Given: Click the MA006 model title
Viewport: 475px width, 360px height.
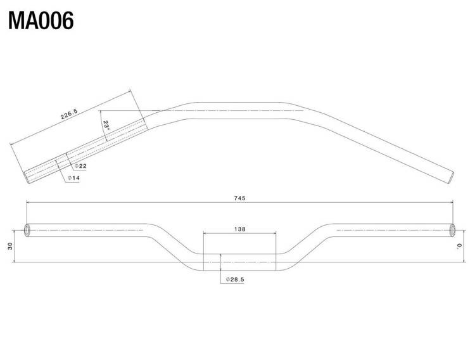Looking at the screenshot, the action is pos(41,21).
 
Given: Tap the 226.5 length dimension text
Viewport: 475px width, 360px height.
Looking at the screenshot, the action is pos(69,113).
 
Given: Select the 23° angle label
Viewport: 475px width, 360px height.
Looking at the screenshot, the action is pos(106,125).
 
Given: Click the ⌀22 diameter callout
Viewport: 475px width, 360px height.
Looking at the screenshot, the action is pos(80,166).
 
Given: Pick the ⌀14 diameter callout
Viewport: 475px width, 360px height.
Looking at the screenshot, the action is pos(73,178).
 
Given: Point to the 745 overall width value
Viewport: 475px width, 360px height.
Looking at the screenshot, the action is pos(239,198).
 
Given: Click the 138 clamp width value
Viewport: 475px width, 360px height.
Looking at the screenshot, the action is pos(239,229).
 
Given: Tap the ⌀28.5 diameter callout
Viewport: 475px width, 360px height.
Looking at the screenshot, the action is pos(235,280).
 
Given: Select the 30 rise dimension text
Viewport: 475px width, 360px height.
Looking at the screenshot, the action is pos(11,246).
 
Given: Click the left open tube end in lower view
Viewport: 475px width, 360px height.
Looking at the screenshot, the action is pos(27,231).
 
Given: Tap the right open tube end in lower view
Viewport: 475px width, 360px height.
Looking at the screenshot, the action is pos(452,231).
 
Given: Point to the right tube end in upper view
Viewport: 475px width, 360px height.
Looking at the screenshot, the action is pos(450,177).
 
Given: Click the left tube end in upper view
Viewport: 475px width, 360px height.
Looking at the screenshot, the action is pos(27,177).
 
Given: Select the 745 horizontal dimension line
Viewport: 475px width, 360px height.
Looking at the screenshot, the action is pos(239,202).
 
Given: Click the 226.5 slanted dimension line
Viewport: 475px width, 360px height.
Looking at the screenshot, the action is pos(70,117).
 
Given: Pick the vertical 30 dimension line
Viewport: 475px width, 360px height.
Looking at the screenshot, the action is pos(14,246).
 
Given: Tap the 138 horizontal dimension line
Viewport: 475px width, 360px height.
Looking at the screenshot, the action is pos(239,233).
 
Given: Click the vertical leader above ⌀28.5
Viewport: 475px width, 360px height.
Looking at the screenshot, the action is pos(221,269).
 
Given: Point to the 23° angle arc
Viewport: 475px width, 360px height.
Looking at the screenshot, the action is pos(103,126).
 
